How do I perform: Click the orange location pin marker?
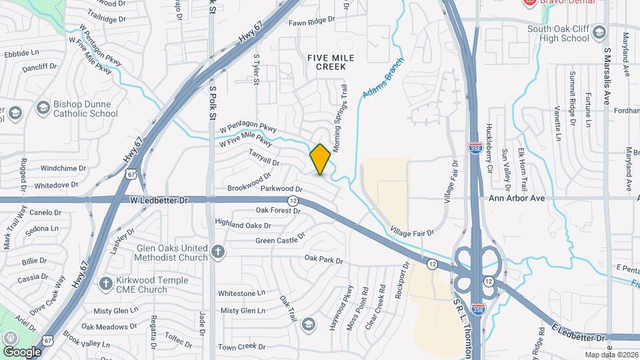[x=320, y=159]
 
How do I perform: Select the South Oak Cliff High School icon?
[x=599, y=33]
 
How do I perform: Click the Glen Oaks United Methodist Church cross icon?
[x=217, y=252]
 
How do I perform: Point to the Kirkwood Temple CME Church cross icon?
[x=105, y=284]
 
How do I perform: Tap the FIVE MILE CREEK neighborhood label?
[x=327, y=62]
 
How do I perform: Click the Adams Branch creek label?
[x=377, y=85]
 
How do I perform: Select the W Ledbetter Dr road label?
[x=160, y=199]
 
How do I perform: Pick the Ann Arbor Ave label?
[x=517, y=199]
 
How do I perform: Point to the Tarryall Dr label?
[x=263, y=157]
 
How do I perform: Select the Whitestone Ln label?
[x=241, y=293]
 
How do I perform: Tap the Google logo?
[x=21, y=351]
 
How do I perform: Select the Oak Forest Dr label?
[x=279, y=211]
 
